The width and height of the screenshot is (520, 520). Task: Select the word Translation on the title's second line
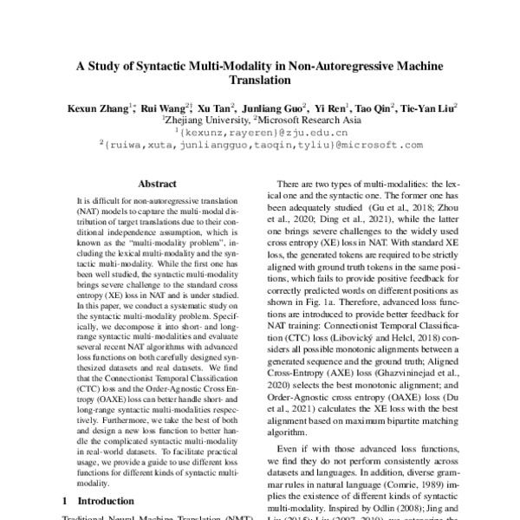259,81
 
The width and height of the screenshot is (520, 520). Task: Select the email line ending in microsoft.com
259,146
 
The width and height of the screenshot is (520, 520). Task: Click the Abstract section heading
158,184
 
